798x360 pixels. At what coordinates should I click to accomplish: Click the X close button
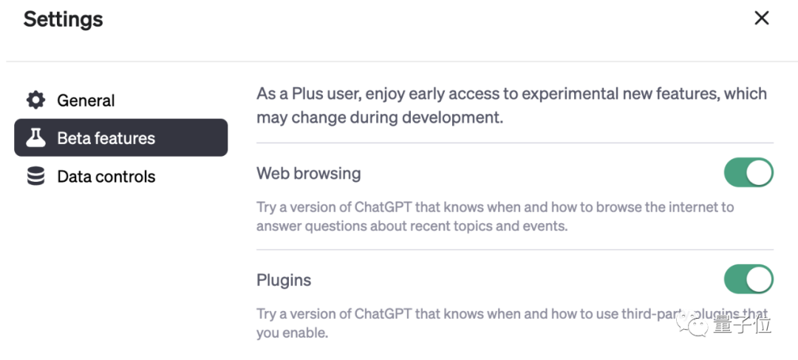[761, 18]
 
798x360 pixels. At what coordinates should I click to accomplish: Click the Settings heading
[63, 20]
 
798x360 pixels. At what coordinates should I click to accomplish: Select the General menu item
[86, 101]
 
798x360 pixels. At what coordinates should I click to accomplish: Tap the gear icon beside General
[35, 100]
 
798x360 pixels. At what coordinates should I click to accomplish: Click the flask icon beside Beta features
[35, 137]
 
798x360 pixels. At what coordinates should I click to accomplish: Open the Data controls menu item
[106, 176]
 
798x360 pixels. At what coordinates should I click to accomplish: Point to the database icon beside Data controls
[35, 176]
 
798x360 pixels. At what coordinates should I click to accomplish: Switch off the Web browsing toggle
[748, 172]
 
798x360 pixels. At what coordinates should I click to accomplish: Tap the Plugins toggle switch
[748, 279]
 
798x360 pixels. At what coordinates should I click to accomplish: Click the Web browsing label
[308, 174]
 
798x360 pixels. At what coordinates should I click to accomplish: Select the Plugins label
[284, 280]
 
